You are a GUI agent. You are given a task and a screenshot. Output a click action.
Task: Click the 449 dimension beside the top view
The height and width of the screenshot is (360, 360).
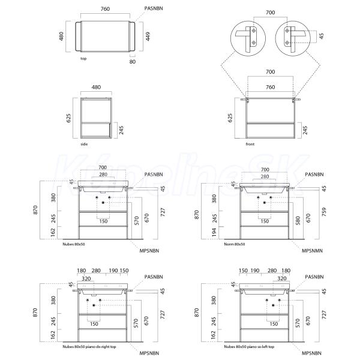tap(148, 37)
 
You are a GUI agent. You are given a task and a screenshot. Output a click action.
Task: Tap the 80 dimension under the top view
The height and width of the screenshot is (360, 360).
tap(133, 62)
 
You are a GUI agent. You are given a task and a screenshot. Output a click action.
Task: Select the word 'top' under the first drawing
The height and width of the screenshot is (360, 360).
tap(83, 59)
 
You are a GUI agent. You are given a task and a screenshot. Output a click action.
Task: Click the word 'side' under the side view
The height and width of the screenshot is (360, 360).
tap(84, 144)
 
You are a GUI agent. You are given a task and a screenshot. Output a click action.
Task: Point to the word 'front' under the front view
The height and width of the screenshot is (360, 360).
tap(250, 144)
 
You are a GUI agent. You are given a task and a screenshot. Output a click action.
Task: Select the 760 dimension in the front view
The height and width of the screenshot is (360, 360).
tap(270, 87)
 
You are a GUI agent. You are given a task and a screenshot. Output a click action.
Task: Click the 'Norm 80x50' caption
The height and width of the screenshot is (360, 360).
tap(235, 244)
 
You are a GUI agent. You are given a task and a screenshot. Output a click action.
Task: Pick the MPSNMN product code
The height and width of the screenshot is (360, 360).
tap(312, 251)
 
